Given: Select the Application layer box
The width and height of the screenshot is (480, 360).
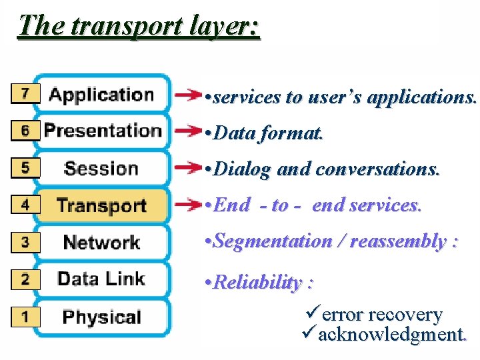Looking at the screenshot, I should pyautogui.click(x=101, y=95).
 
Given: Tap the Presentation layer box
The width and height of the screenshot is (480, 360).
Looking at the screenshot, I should pyautogui.click(x=102, y=131).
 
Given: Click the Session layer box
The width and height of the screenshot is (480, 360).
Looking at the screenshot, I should pyautogui.click(x=101, y=168).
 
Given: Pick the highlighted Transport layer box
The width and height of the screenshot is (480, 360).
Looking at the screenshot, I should pyautogui.click(x=101, y=205).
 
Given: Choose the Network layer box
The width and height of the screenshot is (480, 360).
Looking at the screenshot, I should pyautogui.click(x=101, y=242).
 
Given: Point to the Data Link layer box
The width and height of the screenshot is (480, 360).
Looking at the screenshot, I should pyautogui.click(x=101, y=279).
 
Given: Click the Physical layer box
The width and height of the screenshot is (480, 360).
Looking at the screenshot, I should pyautogui.click(x=101, y=316).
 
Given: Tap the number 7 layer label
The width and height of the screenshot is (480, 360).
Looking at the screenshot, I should pyautogui.click(x=25, y=94).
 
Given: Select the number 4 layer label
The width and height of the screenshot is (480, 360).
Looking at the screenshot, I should pyautogui.click(x=25, y=205).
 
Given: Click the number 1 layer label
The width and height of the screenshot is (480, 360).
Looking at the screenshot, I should pyautogui.click(x=25, y=316).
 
